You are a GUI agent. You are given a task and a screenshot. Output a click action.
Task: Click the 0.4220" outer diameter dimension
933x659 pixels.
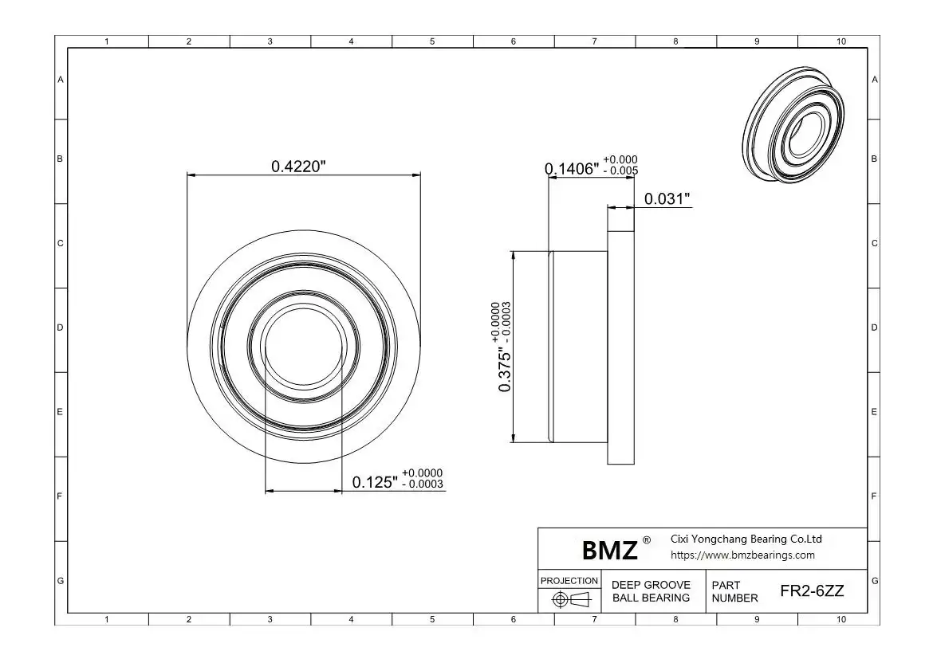tap(299, 167)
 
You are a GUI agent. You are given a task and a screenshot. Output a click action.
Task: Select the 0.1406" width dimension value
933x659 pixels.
tap(572, 169)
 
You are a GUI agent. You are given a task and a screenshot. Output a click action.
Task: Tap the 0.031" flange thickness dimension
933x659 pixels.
tap(667, 198)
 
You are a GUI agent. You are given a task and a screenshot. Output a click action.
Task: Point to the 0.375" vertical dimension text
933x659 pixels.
tap(505, 370)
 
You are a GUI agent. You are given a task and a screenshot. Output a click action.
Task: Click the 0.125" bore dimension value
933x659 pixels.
tap(375, 482)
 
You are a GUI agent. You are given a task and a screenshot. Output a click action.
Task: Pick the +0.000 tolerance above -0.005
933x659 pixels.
tap(620, 159)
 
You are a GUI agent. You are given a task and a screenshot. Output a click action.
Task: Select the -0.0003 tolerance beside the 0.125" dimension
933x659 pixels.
tap(423, 484)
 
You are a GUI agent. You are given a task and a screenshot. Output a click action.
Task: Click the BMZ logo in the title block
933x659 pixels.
tap(609, 550)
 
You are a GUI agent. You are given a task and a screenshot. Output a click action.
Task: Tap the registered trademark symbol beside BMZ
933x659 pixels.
tap(647, 540)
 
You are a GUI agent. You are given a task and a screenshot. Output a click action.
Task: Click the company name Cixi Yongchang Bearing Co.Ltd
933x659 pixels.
tap(746, 539)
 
